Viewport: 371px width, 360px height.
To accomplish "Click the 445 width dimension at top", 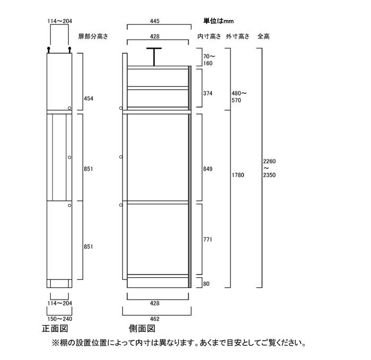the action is [x=155, y=21].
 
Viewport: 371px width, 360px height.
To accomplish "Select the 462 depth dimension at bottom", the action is [x=155, y=319].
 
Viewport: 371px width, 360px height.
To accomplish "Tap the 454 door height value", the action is [x=89, y=99].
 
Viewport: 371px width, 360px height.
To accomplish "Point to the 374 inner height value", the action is [x=208, y=93].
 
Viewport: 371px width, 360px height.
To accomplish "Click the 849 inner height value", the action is [x=208, y=169].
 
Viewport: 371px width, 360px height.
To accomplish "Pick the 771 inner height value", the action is [x=208, y=239].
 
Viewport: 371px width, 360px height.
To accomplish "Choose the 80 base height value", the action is [x=206, y=284].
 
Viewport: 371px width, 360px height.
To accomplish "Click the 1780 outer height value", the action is [x=238, y=175].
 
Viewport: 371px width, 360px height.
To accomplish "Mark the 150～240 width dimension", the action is [x=59, y=319].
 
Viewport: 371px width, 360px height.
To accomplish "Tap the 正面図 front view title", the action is [x=55, y=329].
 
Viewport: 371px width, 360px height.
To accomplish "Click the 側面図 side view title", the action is [x=142, y=329].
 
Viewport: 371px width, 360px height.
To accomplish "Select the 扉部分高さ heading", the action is [x=93, y=36].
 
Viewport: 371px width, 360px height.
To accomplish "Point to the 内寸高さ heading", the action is [x=209, y=36].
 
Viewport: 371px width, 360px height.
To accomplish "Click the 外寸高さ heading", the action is [x=237, y=36].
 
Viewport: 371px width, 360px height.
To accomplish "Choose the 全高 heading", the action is [x=263, y=36].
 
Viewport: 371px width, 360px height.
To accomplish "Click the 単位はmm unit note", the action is [x=218, y=21].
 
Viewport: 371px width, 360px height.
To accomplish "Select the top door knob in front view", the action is [x=69, y=108].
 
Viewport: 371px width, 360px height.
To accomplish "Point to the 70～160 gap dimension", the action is [x=209, y=59].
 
